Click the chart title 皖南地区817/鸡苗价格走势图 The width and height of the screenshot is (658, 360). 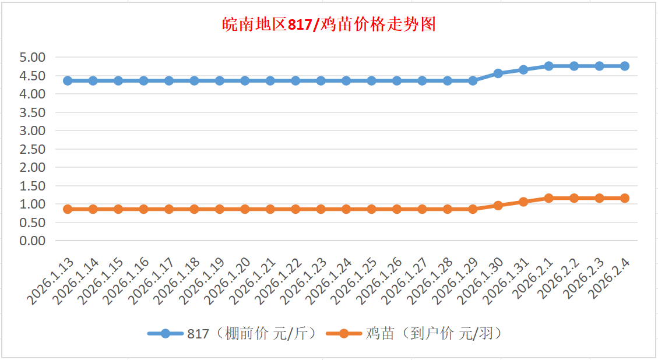pos(329,25)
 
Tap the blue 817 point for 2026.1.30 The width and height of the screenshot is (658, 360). pos(498,73)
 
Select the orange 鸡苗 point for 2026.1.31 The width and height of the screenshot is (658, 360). pos(523,202)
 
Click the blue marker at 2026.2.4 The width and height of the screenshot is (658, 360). pos(625,66)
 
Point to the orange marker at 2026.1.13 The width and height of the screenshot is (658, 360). pos(68,209)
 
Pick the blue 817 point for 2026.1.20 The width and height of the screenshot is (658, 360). pos(245,80)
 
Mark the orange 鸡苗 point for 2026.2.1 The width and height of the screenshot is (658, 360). pos(549,198)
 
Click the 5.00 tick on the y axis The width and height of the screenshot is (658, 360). pos(33,58)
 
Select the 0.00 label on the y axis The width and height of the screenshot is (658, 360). pos(33,241)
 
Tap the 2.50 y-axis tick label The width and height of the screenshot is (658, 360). pos(33,149)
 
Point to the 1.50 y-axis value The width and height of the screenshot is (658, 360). pos(33,186)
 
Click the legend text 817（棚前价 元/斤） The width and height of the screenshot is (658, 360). pos(251,334)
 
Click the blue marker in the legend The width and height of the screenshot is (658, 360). pos(166,334)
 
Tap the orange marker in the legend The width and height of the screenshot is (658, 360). pos(344,334)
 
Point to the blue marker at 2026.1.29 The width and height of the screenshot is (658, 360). pos(473,80)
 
